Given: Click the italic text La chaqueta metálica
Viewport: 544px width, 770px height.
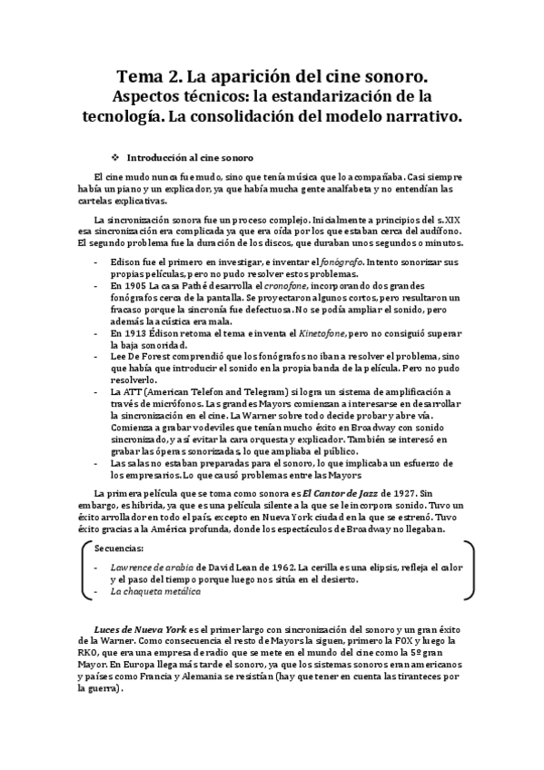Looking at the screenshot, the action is [155, 591].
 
